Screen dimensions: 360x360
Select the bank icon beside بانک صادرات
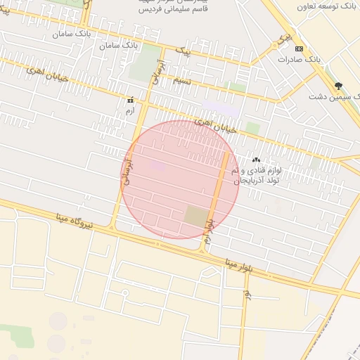pos(300,49)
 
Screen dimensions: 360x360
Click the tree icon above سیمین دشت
pos(339,85)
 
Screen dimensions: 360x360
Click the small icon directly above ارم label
pos(129,101)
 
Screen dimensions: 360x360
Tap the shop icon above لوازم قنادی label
pos(256,160)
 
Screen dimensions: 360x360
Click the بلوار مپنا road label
pos(238,266)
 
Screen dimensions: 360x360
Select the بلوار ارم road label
pos(208,230)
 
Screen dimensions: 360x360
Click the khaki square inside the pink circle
pos(196,215)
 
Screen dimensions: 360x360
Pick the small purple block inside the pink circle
pos(157,166)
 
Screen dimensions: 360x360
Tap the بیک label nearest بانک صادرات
pos(283,37)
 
